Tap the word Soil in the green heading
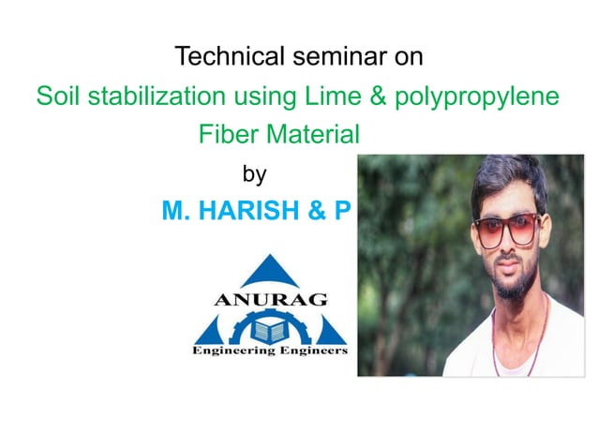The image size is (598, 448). click(x=55, y=97)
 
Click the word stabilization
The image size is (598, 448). click(x=151, y=97)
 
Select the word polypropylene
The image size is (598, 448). click(x=472, y=97)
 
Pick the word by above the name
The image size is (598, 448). click(x=255, y=174)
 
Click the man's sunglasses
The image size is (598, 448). click(x=507, y=229)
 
